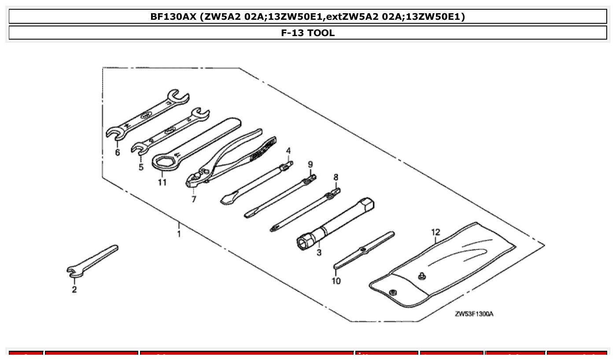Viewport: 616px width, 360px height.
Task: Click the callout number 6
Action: [x=117, y=153]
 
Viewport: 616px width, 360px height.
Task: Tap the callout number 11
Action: [x=162, y=182]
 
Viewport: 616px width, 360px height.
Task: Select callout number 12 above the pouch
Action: [x=435, y=232]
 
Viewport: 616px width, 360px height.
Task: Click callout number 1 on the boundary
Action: [x=179, y=233]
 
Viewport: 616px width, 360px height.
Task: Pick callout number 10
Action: [x=336, y=281]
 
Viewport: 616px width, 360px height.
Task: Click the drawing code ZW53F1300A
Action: [x=474, y=314]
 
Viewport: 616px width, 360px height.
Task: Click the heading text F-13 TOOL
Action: [x=308, y=33]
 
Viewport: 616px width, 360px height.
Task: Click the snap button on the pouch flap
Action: [x=393, y=291]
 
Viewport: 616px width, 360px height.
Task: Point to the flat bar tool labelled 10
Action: [x=364, y=250]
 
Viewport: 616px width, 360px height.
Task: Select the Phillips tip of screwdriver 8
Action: [x=274, y=228]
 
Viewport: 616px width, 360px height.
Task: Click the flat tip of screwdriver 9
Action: [x=249, y=215]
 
